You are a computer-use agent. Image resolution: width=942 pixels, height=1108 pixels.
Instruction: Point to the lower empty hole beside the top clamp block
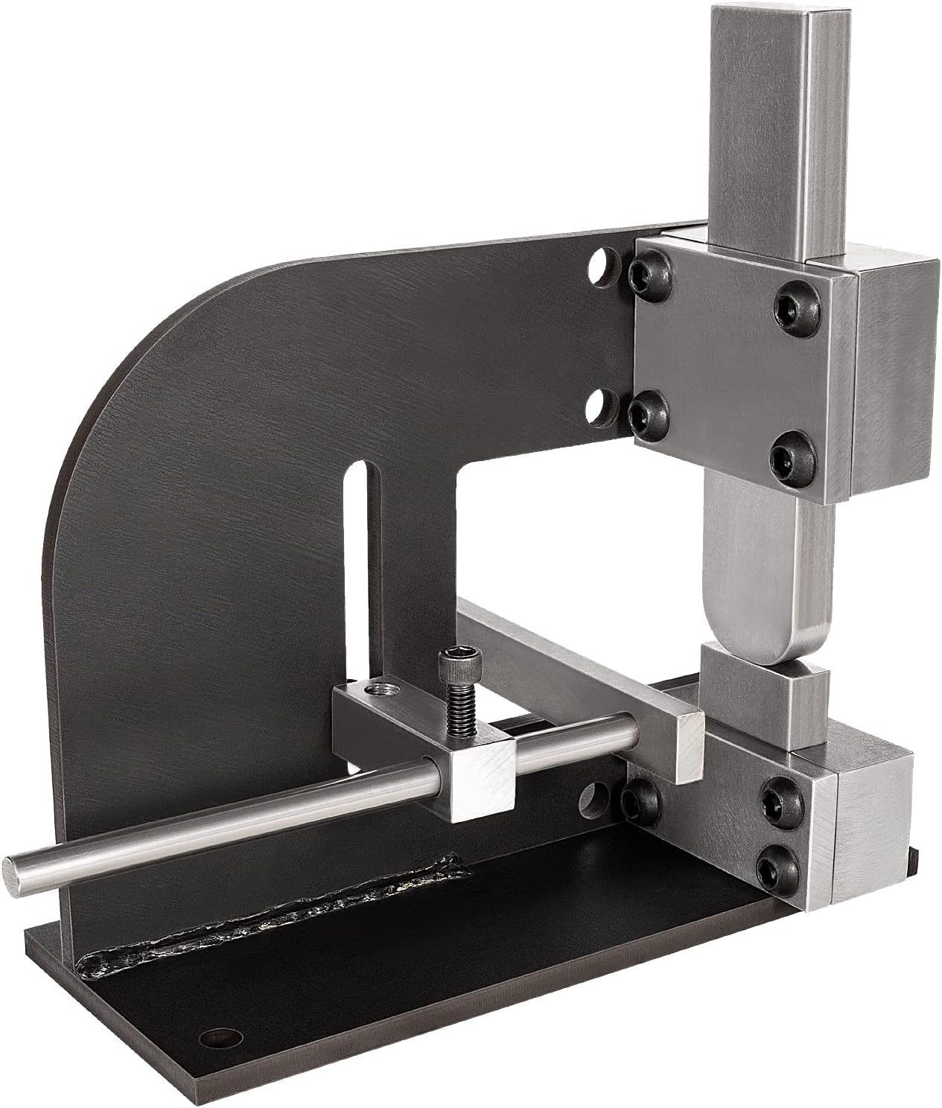pyautogui.click(x=600, y=404)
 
